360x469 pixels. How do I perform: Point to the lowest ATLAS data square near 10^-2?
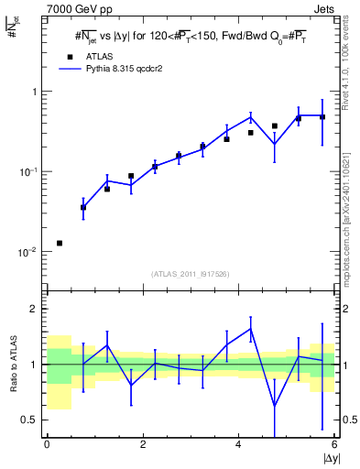(x=60, y=243)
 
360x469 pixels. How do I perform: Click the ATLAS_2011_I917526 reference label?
(x=191, y=274)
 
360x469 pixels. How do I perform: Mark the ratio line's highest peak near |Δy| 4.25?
(x=250, y=328)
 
